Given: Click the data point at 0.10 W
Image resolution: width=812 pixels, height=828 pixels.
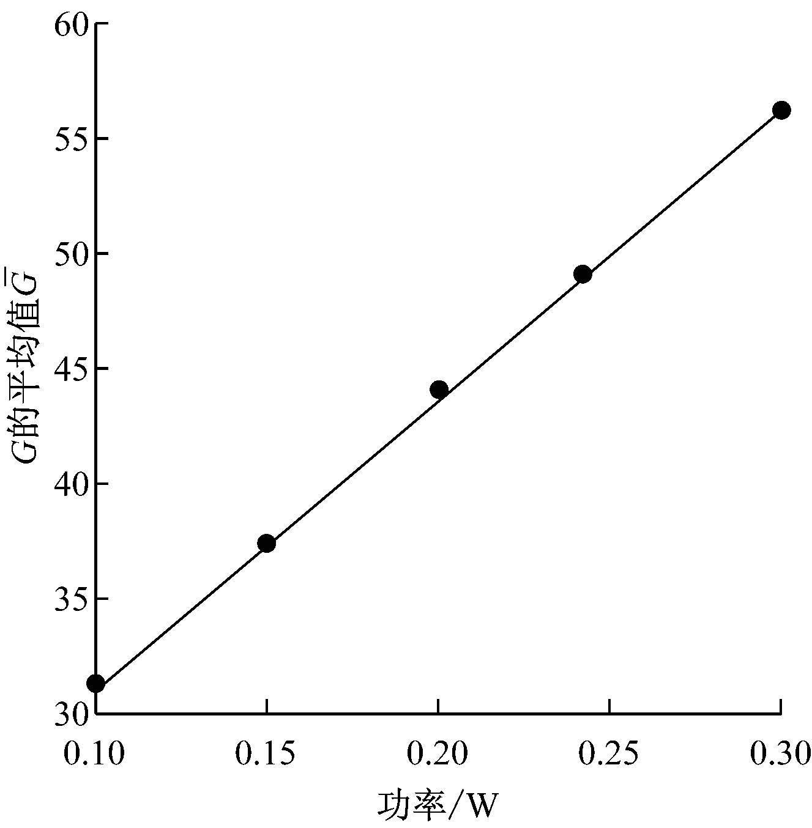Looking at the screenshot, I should (95, 683).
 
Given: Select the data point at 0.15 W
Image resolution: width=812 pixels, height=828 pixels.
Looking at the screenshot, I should (266, 543).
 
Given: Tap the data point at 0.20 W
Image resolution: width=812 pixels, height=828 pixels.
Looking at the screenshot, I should (439, 390).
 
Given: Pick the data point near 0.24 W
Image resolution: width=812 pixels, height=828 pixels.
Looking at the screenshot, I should (583, 274).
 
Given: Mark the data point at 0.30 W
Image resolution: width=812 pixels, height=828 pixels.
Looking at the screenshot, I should (781, 110).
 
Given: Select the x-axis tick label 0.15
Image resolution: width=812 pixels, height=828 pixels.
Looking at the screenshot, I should (266, 754).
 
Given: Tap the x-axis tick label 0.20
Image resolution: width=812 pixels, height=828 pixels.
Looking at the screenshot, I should (438, 754).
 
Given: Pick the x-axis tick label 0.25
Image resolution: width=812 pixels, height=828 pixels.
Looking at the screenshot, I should (609, 754).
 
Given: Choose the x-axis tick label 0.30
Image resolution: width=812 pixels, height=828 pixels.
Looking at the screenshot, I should (780, 754).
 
